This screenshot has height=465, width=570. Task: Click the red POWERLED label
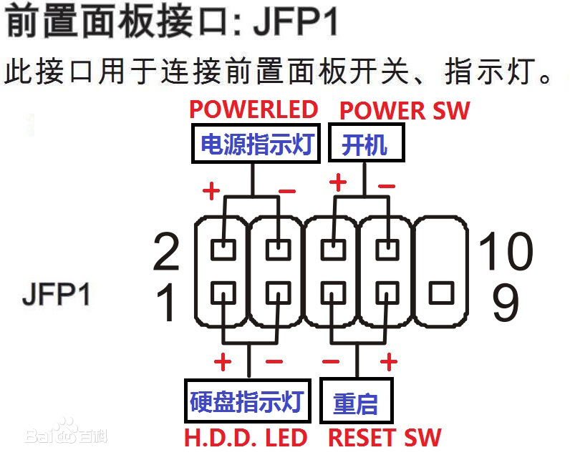[253, 109]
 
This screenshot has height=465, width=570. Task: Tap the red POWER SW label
[405, 111]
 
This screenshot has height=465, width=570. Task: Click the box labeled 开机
[365, 145]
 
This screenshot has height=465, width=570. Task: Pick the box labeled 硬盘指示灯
[247, 401]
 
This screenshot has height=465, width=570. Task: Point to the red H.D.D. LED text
[246, 437]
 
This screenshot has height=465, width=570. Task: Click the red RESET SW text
[385, 437]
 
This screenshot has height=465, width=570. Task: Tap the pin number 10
[506, 251]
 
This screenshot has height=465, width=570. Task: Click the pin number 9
[506, 303]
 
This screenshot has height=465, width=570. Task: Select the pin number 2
[167, 251]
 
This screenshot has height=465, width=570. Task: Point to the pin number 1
[167, 303]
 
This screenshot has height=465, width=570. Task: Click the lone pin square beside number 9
[440, 293]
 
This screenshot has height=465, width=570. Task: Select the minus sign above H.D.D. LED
[274, 362]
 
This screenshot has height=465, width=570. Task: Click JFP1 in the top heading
[296, 23]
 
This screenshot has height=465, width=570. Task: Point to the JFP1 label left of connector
[57, 294]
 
